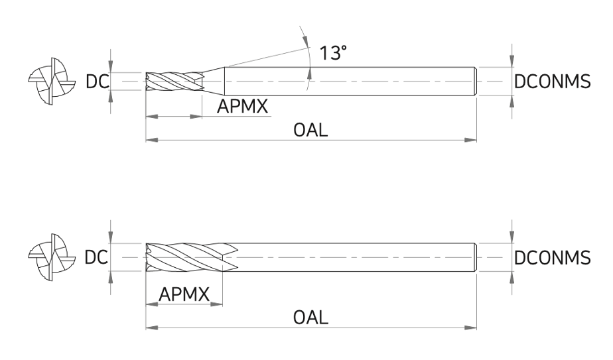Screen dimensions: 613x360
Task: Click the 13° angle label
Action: coord(333,53)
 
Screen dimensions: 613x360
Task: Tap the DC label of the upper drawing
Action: coord(97,82)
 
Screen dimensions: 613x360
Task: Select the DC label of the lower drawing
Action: coord(96,258)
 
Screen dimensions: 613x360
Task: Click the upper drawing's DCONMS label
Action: coord(552,82)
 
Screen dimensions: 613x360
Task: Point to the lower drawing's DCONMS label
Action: coord(552,258)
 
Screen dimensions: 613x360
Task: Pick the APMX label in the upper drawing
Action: coord(242,106)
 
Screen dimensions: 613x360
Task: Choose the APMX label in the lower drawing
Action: coord(184,294)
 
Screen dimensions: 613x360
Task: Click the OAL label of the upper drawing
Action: coord(310,130)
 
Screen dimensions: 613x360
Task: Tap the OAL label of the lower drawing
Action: coord(310,318)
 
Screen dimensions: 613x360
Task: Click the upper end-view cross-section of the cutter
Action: coord(52,82)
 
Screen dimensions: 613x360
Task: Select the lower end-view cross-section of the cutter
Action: coord(52,257)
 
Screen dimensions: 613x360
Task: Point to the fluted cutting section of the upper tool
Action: coord(174,82)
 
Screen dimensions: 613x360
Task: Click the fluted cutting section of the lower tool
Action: coord(192,257)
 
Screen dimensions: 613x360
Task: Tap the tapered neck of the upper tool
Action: coord(214,82)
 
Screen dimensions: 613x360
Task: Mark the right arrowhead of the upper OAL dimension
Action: coord(471,139)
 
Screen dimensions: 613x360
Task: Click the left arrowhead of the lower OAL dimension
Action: coord(152,327)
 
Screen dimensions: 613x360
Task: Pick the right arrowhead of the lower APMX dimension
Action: coord(216,304)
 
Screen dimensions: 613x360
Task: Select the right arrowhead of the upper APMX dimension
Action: coord(196,117)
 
